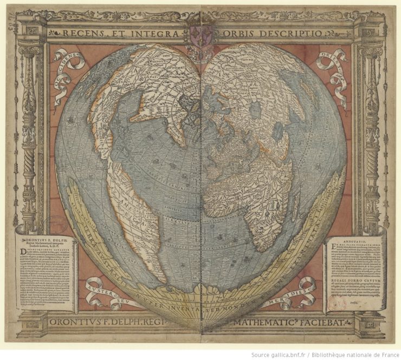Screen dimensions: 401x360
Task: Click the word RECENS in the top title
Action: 78,34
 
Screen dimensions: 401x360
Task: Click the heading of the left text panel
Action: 47,239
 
